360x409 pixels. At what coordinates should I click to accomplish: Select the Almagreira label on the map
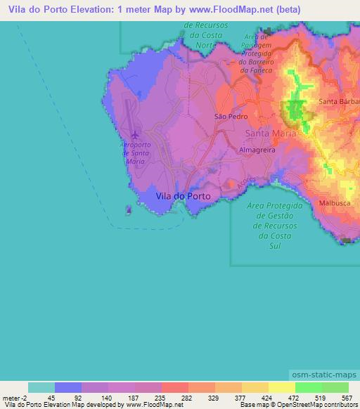[258, 150]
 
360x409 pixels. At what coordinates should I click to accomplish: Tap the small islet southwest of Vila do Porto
[127, 209]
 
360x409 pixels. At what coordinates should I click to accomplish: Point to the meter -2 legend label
[15, 397]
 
